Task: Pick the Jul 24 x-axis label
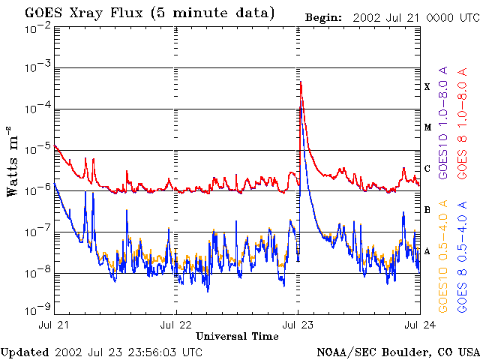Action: pos(417,325)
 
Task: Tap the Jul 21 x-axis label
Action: pos(56,325)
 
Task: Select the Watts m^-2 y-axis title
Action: pos(13,161)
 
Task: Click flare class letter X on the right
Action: pos(427,87)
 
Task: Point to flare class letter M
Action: pos(427,127)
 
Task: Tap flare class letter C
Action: pos(427,169)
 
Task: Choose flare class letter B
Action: pos(427,210)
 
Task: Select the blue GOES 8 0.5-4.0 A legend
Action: pos(463,259)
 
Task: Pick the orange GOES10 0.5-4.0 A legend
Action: pos(445,259)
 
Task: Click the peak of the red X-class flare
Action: pos(300,82)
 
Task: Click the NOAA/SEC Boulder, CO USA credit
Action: pos(398,352)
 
